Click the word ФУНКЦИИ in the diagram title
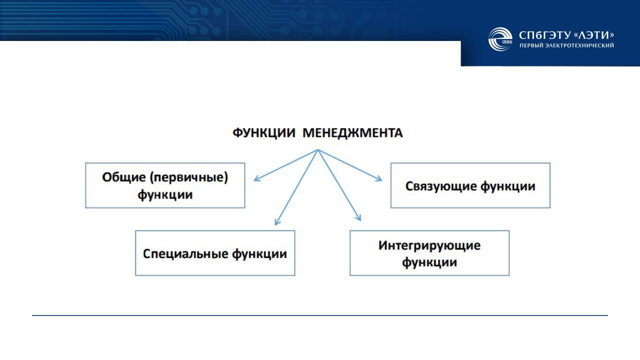tap(264, 133)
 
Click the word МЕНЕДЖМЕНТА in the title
tap(352, 133)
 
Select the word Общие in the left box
tap(124, 177)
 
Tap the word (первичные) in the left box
tap(189, 178)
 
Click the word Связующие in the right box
tap(441, 186)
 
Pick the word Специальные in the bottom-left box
tap(185, 253)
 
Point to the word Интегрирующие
tap(429, 245)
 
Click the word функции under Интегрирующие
tap(429, 262)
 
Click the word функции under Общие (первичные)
tap(165, 195)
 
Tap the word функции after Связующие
tap(507, 186)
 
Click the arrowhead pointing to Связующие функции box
tap(379, 179)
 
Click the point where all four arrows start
tap(317, 149)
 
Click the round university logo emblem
tap(500, 39)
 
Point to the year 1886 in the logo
tap(507, 42)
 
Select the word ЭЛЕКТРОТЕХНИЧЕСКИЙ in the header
tap(579, 45)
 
